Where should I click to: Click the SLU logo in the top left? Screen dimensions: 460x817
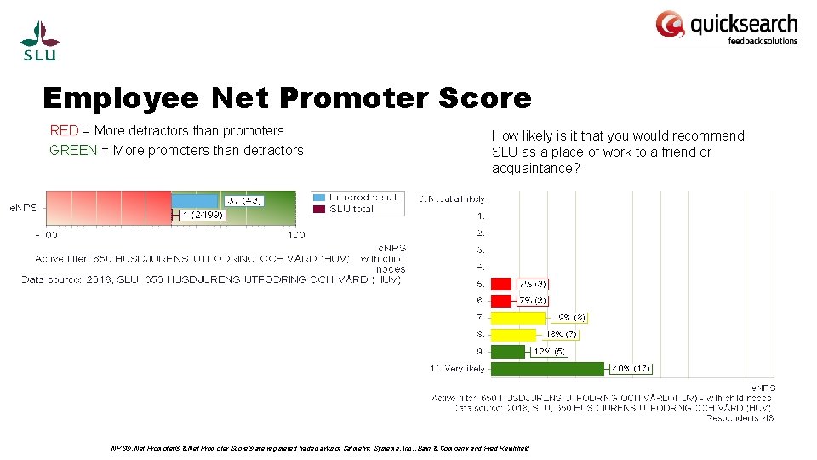tap(40, 40)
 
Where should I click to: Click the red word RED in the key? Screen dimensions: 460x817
tap(64, 131)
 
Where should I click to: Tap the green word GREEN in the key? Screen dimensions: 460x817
tap(72, 151)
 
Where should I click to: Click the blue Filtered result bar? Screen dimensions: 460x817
tap(195, 201)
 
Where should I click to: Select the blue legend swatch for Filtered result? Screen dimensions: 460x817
tap(318, 197)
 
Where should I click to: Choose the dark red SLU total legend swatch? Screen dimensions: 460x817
tap(318, 209)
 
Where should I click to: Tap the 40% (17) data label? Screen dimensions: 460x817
tap(632, 369)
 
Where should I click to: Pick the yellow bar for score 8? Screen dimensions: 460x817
tap(513, 335)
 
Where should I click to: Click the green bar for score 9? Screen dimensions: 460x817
tap(508, 352)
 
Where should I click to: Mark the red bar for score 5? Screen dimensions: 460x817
tap(501, 284)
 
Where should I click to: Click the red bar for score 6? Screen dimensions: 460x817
tap(501, 301)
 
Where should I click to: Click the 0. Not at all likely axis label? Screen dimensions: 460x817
tap(451, 198)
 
